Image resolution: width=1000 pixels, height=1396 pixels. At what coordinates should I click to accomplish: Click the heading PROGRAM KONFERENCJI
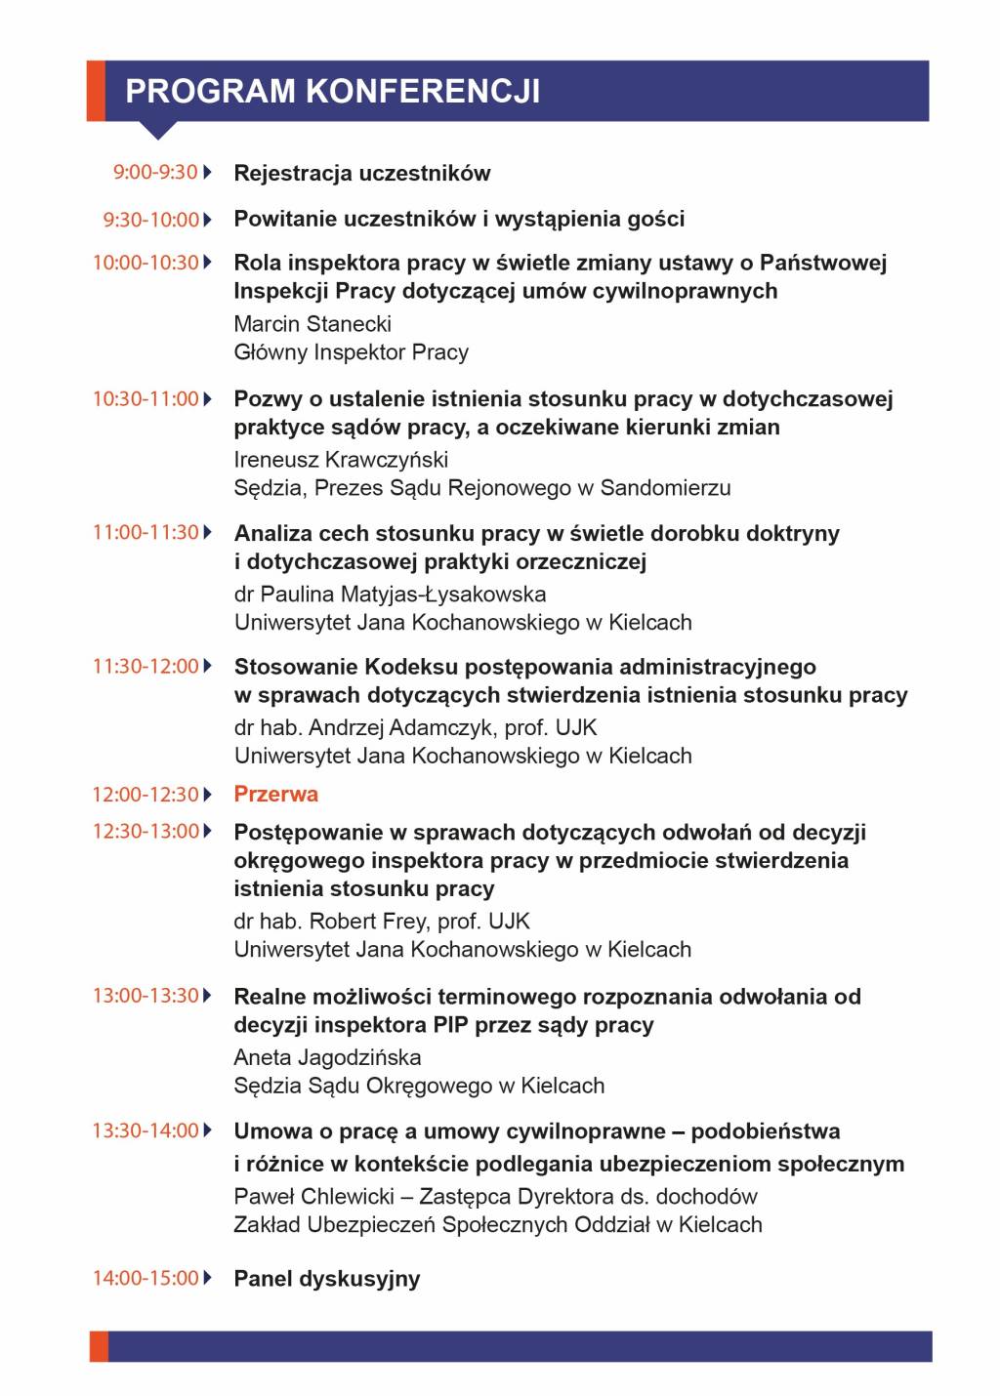[332, 91]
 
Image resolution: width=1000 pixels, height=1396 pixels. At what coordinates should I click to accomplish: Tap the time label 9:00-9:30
[155, 173]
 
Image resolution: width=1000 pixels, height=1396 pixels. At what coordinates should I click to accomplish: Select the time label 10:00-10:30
[146, 263]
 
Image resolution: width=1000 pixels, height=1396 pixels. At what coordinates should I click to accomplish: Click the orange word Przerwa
[276, 794]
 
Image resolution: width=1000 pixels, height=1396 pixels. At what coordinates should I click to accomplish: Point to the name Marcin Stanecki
[312, 324]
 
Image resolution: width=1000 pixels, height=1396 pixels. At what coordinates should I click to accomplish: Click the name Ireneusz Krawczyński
[341, 460]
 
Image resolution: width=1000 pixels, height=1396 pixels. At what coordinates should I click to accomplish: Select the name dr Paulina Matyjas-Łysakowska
[390, 595]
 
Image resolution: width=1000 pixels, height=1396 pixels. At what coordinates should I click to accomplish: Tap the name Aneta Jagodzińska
[327, 1057]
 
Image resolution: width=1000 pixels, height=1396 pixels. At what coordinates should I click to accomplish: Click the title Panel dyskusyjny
[327, 1279]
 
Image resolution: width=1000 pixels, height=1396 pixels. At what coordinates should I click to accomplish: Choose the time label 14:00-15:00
[146, 1278]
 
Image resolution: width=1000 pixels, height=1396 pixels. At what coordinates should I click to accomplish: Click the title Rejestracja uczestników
[362, 174]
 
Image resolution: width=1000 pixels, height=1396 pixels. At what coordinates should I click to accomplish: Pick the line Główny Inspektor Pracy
[352, 352]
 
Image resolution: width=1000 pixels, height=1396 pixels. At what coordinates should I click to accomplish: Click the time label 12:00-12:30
[146, 795]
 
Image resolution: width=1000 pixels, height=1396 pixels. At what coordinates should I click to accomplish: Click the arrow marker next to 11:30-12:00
[207, 667]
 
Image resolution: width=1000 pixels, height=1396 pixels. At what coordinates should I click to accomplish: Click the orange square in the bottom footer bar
[99, 1346]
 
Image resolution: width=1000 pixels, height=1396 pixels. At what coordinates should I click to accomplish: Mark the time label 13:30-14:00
[146, 1130]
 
